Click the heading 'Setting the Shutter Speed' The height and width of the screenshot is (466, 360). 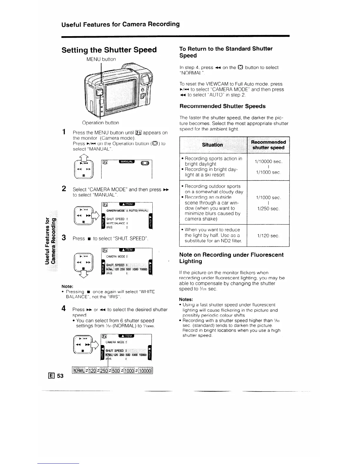pos(109,50)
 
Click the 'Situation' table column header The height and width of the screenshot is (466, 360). pos(212,145)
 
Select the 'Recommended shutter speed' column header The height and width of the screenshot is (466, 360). pos(268,145)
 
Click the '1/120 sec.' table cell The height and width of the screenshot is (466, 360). pos(268,236)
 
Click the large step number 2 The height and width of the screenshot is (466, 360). pos(64,189)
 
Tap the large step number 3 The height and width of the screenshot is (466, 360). pos(64,238)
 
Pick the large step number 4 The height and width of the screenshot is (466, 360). pos(64,309)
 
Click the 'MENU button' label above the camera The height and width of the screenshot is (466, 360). pos(101,59)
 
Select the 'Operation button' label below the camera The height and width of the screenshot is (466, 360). pos(101,123)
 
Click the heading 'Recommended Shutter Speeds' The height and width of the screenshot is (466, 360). pos(222,106)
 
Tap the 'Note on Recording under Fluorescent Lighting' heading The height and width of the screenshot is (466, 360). pos(231,258)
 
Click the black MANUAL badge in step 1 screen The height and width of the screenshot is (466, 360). pos(126,162)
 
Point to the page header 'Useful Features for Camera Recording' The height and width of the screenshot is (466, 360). pos(121,24)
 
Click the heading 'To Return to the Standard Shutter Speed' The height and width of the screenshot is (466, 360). pos(226,52)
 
